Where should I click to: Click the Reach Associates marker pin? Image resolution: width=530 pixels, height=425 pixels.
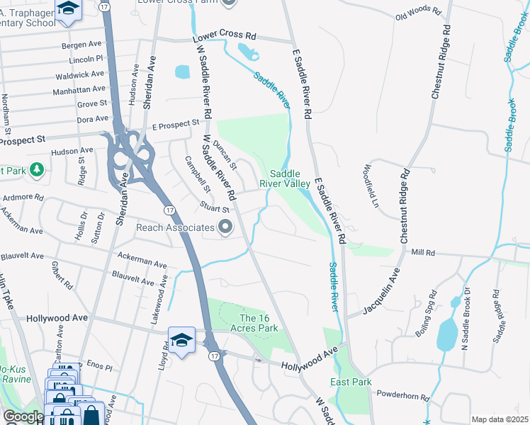point(225,227)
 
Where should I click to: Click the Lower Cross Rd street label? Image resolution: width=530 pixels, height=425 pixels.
point(226,35)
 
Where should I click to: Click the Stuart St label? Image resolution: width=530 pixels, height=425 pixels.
point(215,209)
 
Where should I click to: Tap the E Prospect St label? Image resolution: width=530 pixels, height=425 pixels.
point(176,125)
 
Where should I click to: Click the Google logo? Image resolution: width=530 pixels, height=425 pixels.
point(23,416)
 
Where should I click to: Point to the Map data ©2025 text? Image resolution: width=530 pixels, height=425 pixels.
point(499,419)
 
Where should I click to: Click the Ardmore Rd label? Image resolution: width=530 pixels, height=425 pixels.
point(23,198)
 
